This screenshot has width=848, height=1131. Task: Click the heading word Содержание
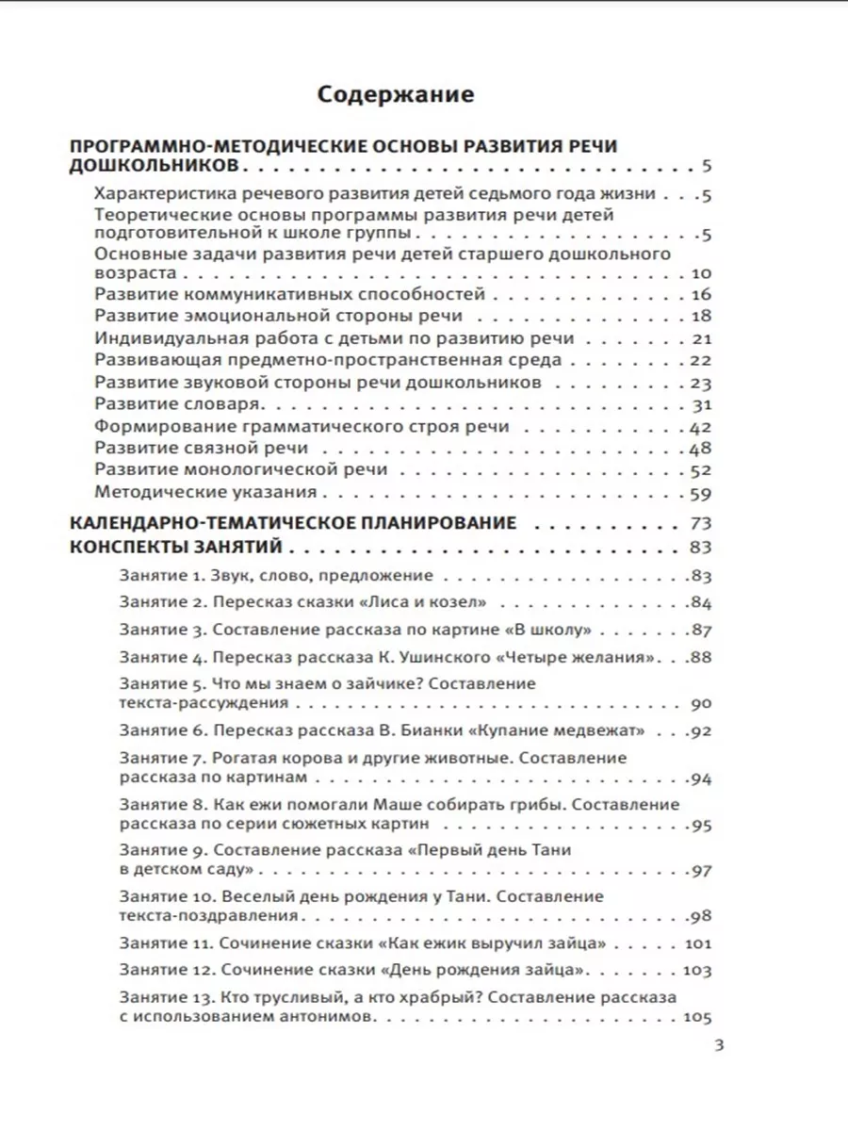pos(396,94)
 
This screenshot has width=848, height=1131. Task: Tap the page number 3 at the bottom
pos(719,1044)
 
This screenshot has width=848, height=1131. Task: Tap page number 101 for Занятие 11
pos(698,942)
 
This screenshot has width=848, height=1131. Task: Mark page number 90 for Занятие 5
pos(703,703)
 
